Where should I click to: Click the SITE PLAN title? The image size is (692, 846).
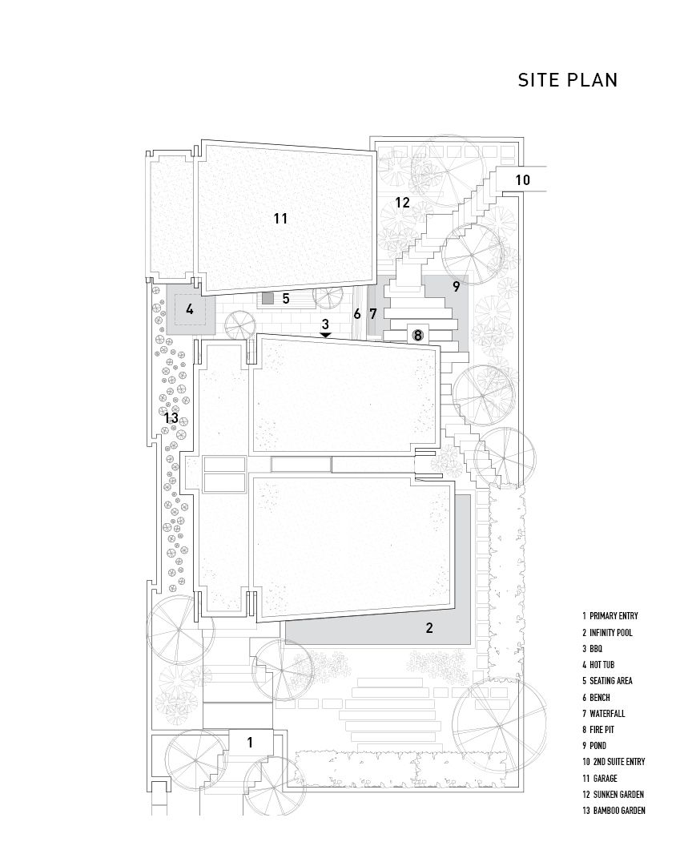(567, 80)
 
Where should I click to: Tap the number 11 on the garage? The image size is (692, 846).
(280, 219)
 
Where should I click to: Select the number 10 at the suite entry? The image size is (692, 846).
(523, 179)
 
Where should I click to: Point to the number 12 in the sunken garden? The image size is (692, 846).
(402, 203)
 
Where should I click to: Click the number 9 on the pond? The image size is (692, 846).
(457, 287)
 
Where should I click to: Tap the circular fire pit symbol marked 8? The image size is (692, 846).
(417, 336)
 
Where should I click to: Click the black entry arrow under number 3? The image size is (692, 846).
(325, 335)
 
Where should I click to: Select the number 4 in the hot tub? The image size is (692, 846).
(189, 310)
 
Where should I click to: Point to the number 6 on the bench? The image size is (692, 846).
(356, 313)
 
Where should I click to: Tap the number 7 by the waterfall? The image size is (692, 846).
(372, 313)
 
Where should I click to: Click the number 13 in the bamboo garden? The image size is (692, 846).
(171, 418)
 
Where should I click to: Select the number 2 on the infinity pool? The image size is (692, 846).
(429, 627)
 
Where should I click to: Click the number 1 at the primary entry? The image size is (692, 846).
(250, 743)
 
